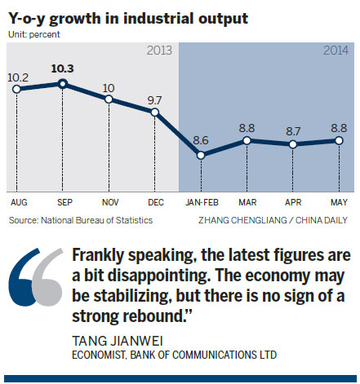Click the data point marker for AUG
pyautogui.click(x=16, y=89)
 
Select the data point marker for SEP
pyautogui.click(x=62, y=83)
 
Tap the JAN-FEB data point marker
pyautogui.click(x=202, y=154)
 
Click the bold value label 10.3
pyautogui.click(x=62, y=68)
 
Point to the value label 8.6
pyautogui.click(x=202, y=139)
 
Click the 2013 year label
pyautogui.click(x=160, y=51)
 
